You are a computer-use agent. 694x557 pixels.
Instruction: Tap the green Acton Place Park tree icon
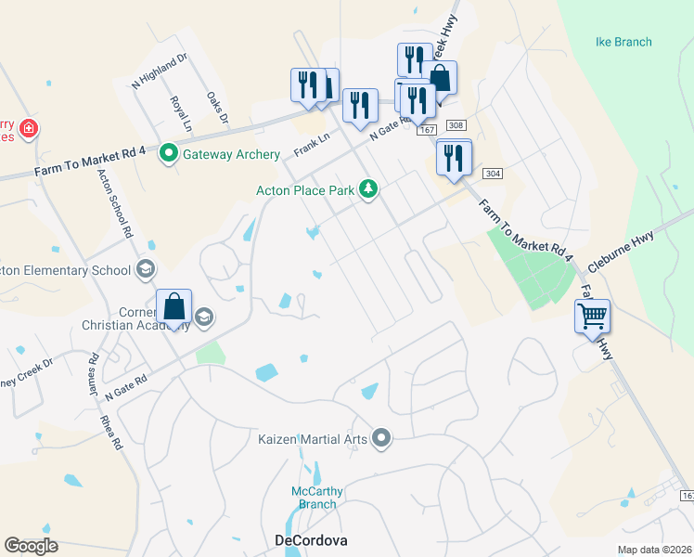coord(369,189)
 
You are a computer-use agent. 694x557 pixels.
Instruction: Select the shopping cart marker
coord(592,317)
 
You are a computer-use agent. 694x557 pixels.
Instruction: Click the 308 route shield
coord(455,125)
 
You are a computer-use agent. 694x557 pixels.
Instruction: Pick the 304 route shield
coord(493,174)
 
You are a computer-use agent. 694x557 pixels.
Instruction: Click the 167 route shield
coord(426,131)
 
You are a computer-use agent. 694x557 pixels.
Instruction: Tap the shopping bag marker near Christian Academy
coord(174,306)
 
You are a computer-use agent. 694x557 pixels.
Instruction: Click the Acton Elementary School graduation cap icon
coord(145,270)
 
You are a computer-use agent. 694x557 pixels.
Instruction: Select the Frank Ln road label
coord(312,145)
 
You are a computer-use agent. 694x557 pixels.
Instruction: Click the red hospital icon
coord(29,127)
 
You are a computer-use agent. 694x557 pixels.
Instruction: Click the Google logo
coord(31,546)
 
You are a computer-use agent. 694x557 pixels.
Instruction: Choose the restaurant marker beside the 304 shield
coord(453,158)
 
